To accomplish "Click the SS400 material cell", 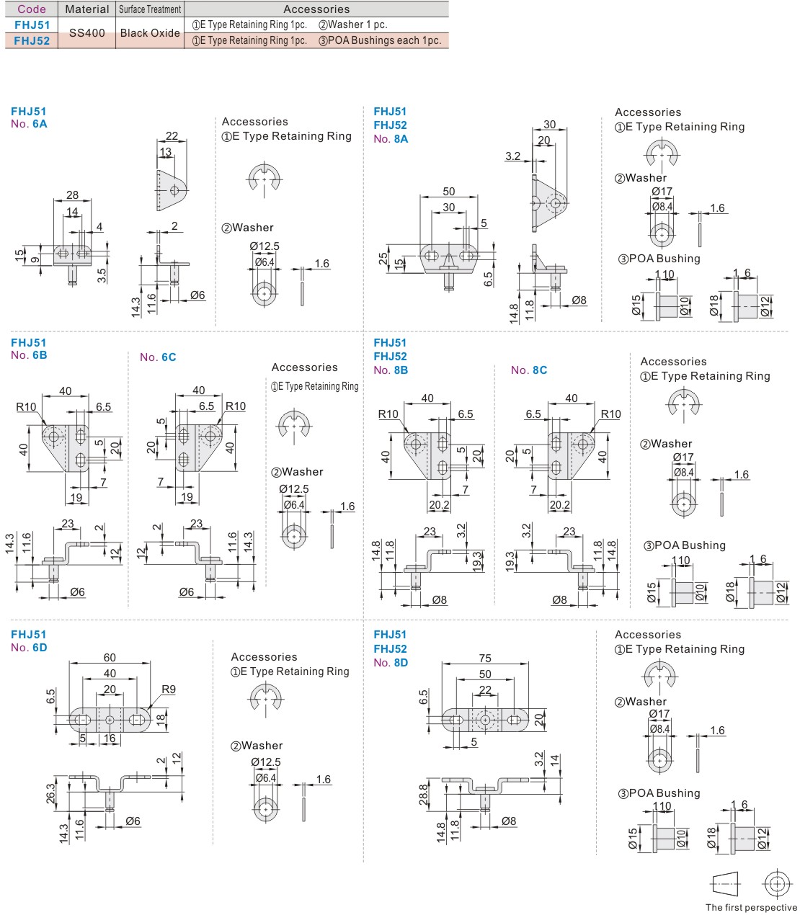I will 87,33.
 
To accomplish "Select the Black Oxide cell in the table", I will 150,33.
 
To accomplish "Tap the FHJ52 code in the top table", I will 32,41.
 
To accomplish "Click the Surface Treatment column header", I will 150,9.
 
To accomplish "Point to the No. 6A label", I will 29,124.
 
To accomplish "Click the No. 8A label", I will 391,139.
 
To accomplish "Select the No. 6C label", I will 158,357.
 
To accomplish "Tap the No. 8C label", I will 529,370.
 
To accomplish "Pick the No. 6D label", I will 29,648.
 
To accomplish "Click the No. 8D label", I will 391,663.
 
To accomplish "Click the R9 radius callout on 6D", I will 168,689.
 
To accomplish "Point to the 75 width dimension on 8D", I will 485,659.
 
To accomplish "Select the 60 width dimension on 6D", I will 110,658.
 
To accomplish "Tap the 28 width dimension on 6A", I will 72,195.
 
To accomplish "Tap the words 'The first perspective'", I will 751,908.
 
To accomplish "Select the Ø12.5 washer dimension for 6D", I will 266,762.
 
